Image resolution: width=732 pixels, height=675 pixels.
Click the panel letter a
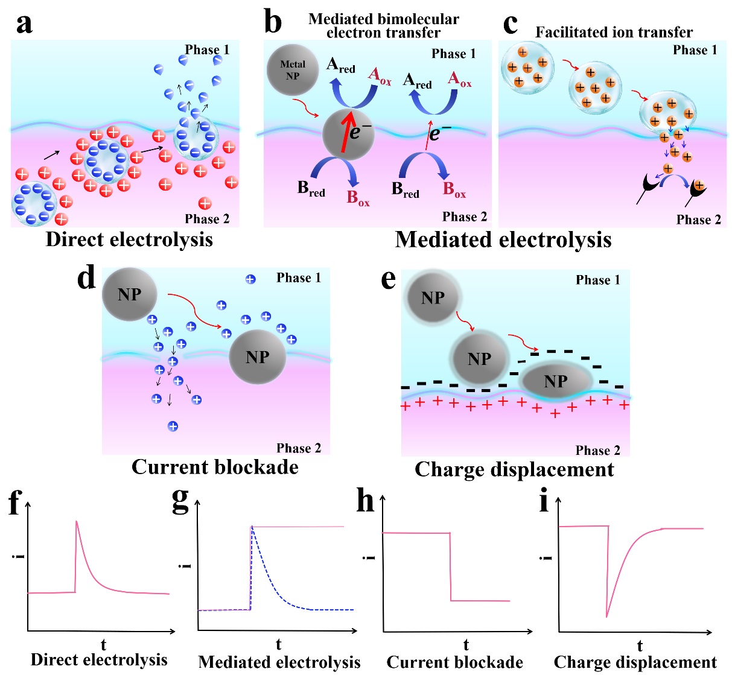(25, 24)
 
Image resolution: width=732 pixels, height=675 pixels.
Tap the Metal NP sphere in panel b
(293, 70)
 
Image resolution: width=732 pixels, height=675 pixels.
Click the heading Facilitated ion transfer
(614, 32)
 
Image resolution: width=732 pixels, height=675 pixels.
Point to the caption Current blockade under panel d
(215, 467)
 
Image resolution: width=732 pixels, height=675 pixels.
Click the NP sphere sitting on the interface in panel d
(258, 357)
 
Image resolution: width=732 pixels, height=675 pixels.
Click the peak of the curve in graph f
(77, 521)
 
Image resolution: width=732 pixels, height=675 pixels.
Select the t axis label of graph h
(466, 644)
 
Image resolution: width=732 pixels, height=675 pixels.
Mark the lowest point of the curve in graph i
(607, 616)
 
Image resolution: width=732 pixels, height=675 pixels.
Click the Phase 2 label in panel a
(207, 218)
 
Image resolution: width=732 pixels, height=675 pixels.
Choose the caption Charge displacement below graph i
(635, 662)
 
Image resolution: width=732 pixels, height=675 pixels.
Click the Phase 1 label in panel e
(597, 280)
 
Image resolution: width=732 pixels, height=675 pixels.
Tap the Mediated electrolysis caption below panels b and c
(503, 240)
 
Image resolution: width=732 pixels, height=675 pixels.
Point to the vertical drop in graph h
(451, 567)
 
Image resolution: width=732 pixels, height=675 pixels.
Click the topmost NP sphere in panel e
(433, 297)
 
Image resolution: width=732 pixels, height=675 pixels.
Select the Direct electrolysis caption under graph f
(99, 659)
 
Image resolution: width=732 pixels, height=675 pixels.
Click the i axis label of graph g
(186, 565)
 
